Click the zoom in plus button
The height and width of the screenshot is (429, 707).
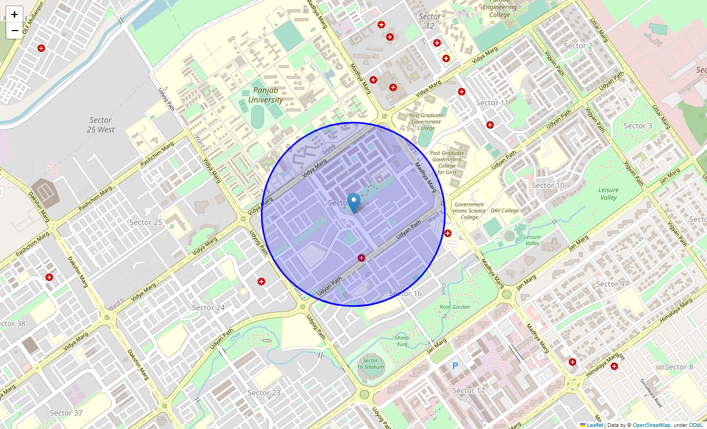[14, 14]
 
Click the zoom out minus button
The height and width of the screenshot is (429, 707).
[14, 31]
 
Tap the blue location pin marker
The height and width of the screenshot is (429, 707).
[353, 203]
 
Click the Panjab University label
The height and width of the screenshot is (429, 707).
[266, 95]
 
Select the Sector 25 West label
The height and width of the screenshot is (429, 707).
[101, 125]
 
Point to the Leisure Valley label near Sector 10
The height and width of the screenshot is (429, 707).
[608, 194]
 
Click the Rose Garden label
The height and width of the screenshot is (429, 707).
[455, 307]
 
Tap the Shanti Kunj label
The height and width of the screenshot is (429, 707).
[402, 341]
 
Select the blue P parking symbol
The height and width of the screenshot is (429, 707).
[455, 366]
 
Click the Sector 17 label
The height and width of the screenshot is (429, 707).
[468, 391]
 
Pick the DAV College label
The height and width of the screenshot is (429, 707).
[505, 211]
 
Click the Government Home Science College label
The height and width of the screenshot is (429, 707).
[469, 211]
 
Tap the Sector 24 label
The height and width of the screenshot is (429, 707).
[208, 307]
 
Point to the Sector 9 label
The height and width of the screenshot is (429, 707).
[610, 284]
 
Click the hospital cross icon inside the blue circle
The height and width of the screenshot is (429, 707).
[362, 258]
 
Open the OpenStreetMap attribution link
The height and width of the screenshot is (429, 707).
[651, 425]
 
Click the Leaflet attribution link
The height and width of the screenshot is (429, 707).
[595, 425]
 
